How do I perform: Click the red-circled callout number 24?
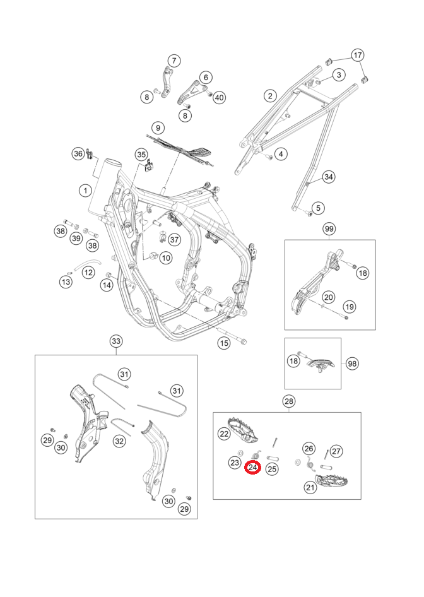[x=252, y=468]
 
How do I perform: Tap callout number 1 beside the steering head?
[x=84, y=190]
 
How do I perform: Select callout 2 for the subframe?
[x=270, y=96]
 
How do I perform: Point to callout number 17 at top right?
[x=358, y=56]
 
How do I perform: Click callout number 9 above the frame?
[x=158, y=127]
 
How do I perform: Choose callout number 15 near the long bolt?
[x=224, y=343]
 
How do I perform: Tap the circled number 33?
[x=116, y=341]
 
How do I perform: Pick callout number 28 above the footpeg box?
[x=288, y=401]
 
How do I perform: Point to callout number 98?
[x=351, y=364]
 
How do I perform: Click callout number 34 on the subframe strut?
[x=329, y=177]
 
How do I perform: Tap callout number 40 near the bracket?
[x=220, y=97]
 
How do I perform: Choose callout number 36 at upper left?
[x=78, y=153]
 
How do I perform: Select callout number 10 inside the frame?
[x=165, y=257]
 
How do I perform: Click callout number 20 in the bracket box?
[x=329, y=297]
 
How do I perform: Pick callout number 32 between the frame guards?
[x=119, y=442]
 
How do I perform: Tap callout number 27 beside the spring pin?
[x=336, y=451]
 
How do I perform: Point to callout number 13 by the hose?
[x=66, y=282]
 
